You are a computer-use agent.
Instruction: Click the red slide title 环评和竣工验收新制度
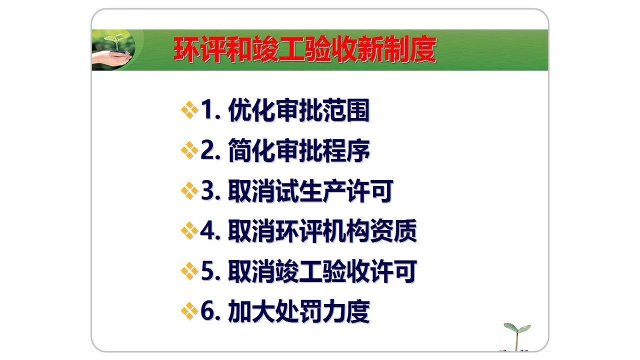point(305,50)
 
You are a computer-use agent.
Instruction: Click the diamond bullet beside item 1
point(189,110)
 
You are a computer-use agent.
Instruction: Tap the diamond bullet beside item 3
point(189,190)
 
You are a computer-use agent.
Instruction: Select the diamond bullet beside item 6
point(189,311)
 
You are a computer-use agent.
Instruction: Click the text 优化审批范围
point(299,110)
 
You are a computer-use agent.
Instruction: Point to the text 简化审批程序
point(299,150)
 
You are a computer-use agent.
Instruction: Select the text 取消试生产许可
point(311,191)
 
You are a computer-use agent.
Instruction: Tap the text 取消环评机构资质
point(322,231)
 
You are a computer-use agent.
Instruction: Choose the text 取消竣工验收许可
point(322,271)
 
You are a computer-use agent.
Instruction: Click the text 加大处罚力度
point(299,311)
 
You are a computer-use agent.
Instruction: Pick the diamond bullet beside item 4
point(189,231)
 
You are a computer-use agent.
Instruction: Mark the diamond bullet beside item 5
point(189,271)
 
